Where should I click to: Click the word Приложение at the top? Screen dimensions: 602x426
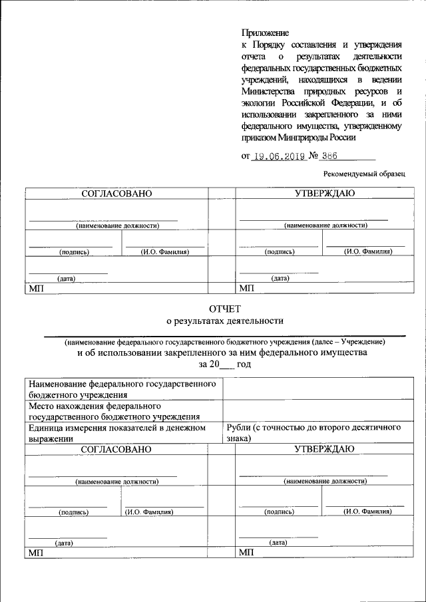point(265,32)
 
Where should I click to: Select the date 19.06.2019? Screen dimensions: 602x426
point(280,156)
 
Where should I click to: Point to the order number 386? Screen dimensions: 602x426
point(329,156)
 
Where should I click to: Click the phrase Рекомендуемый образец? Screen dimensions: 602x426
point(364,174)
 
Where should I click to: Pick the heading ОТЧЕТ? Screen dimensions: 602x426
point(224,309)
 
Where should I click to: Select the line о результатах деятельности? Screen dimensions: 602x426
point(224,321)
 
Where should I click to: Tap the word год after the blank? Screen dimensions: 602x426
point(243,365)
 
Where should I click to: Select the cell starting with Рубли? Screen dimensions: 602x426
point(314,433)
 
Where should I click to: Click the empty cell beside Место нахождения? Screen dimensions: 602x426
point(314,410)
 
